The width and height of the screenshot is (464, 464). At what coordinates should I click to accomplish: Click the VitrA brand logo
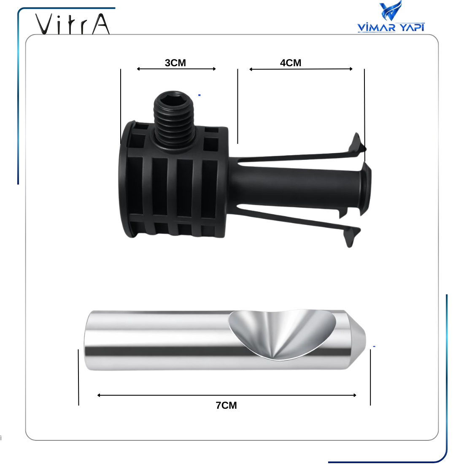click(x=73, y=24)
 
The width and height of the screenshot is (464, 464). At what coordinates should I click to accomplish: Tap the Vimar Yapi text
click(x=391, y=27)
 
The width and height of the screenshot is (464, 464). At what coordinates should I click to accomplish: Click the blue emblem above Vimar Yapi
click(x=391, y=11)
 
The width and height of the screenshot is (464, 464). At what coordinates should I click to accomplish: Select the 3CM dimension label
click(x=175, y=63)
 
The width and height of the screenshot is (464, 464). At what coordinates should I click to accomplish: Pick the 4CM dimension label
click(x=291, y=63)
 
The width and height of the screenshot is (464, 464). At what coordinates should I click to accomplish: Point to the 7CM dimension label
click(x=227, y=405)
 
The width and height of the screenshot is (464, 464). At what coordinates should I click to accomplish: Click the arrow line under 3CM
click(x=176, y=69)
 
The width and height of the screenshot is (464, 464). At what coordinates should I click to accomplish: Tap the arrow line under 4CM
click(x=301, y=69)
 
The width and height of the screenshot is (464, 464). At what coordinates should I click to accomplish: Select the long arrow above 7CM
click(x=227, y=395)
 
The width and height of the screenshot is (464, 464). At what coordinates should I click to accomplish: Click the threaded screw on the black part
click(x=174, y=120)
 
